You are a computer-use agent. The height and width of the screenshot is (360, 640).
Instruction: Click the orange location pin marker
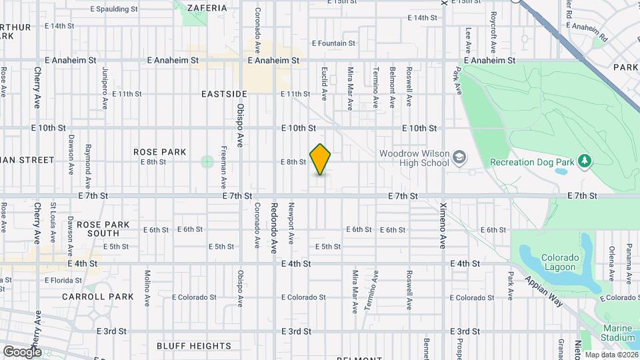(321, 159)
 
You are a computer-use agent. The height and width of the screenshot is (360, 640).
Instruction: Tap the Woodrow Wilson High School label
(414, 158)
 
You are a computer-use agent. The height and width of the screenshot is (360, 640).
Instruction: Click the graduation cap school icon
(459, 158)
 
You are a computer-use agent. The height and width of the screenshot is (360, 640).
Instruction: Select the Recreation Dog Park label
(531, 161)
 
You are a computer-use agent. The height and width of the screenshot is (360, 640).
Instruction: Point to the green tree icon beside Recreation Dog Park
(585, 161)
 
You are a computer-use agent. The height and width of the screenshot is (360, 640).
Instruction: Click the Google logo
(22, 351)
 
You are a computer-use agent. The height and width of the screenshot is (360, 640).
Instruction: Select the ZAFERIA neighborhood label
(207, 8)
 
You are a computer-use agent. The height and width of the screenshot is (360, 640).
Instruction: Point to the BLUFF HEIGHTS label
(194, 346)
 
